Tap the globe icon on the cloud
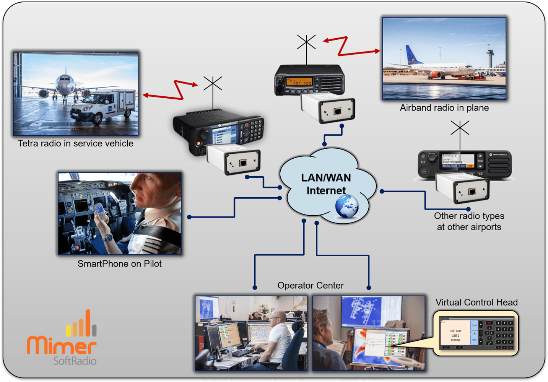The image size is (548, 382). coord(347,206)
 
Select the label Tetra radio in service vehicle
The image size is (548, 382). coord(76,143)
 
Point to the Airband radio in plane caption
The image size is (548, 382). coord(444,108)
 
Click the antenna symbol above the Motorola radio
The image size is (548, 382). coord(460,128)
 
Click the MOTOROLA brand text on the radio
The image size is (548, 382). coord(500,155)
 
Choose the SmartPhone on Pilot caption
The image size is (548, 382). coord(119,264)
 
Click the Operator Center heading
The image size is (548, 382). coord(310,286)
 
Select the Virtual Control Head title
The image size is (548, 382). coord(476,302)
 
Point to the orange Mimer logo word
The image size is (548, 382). coord(61,345)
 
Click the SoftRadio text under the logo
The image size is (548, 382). coord(75,361)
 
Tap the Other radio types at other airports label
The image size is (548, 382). coord(469,221)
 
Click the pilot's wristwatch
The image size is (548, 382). coord(109,238)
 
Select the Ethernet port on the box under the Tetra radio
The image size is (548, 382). coord(242,163)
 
